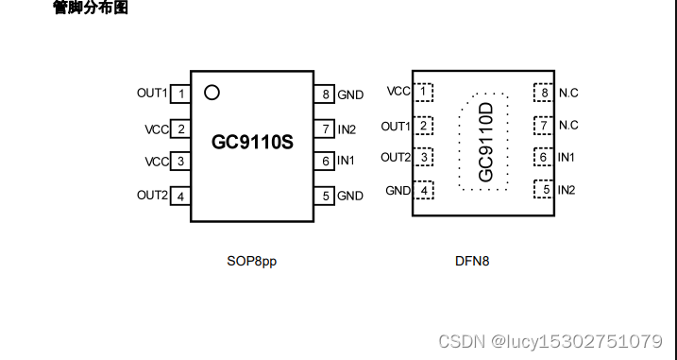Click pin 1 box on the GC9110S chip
180,94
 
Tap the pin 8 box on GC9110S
326,94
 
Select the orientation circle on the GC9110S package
212,93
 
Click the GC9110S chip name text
252,144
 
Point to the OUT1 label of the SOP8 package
151,94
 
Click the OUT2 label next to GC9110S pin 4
151,196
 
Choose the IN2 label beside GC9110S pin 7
347,129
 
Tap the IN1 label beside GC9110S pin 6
347,162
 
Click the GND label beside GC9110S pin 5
350,196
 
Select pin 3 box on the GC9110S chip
180,162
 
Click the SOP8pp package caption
251,261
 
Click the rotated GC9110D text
485,143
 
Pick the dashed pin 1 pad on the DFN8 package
426,92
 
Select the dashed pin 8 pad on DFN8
542,92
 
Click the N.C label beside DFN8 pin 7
568,125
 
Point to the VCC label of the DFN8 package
398,92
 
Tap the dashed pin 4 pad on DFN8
426,190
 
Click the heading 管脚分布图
90,9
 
